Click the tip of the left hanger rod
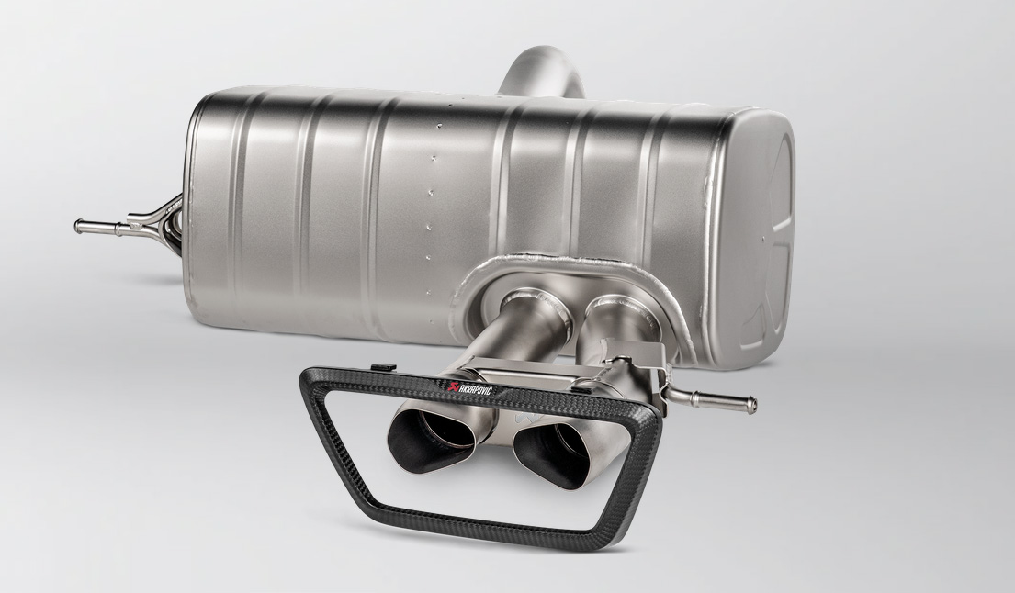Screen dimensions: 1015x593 (78, 226)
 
